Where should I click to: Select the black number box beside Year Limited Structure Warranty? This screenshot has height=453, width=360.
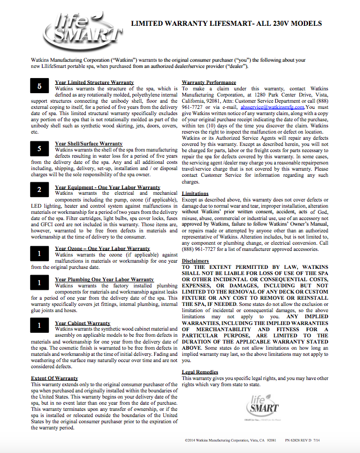(x=39, y=87)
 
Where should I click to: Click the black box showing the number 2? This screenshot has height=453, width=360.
(x=39, y=190)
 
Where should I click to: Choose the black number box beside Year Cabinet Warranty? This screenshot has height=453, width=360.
(x=39, y=326)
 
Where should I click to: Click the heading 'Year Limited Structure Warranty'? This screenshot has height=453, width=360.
(x=94, y=82)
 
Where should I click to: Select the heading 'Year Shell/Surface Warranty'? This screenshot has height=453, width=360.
(x=89, y=144)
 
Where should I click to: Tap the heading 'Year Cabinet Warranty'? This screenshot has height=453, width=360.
(x=82, y=323)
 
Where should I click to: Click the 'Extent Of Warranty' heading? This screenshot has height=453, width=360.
(x=54, y=378)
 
